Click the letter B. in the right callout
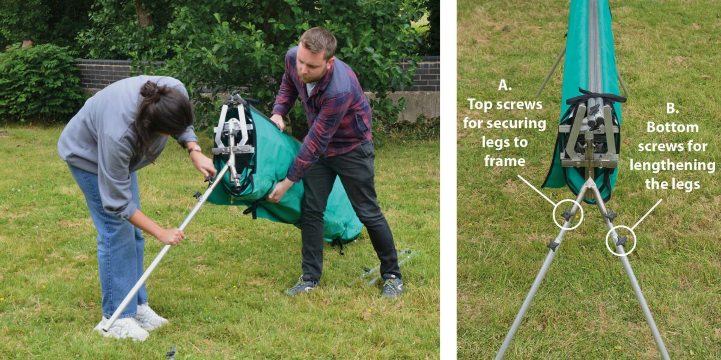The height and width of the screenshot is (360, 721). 672,108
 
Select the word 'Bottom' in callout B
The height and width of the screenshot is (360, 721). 672,127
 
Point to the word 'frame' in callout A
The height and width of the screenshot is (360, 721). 505,161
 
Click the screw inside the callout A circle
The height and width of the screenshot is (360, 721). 567,214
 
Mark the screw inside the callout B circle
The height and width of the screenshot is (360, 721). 621,241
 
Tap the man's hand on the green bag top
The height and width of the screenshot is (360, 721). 278,122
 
